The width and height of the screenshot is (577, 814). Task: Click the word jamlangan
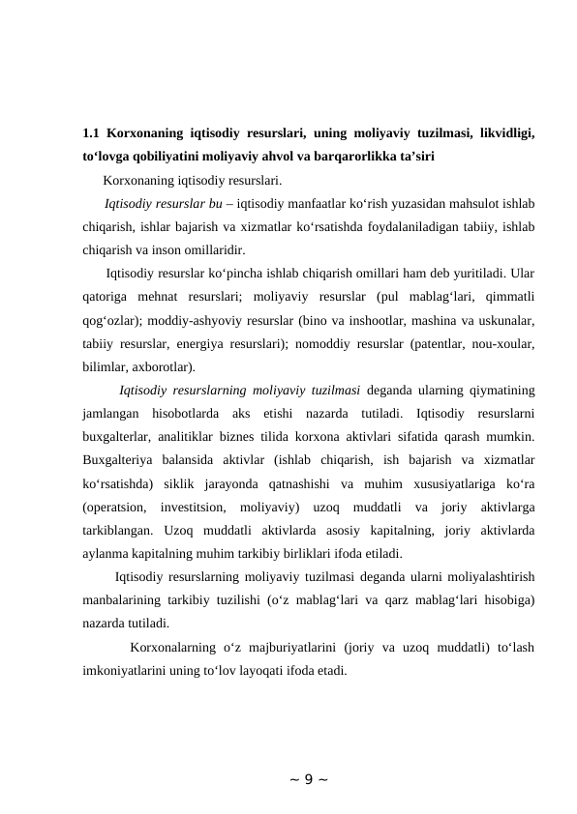point(112,413)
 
